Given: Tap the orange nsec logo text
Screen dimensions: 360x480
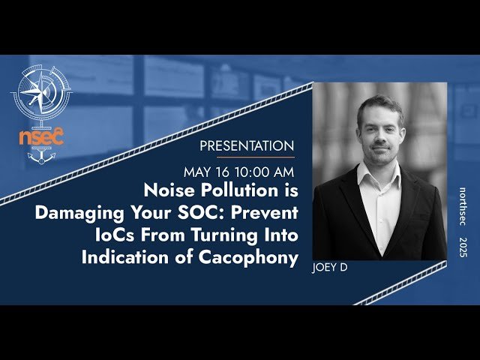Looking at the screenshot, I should (x=41, y=137).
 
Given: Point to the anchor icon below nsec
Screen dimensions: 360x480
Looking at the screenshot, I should (x=41, y=157).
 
